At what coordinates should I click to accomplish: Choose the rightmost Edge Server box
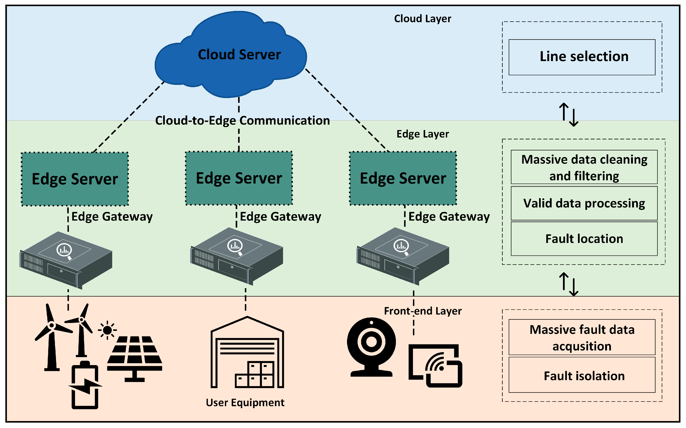403,178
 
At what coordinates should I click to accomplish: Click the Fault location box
584,239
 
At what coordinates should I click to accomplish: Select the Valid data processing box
584,203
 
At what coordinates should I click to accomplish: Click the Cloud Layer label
423,19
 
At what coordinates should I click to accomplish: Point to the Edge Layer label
423,134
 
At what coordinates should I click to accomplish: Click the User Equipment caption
245,403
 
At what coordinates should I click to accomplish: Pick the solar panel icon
135,357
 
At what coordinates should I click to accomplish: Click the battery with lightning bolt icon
85,385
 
